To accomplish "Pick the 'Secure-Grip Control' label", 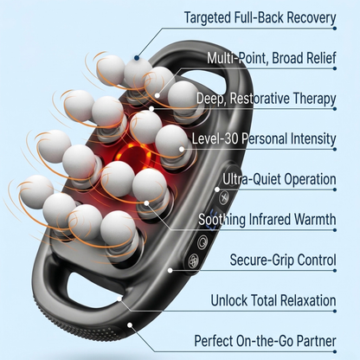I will [x=282, y=260].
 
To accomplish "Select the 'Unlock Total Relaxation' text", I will [x=272, y=300].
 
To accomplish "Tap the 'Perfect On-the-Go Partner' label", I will [x=265, y=341].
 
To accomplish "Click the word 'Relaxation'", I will [x=303, y=300].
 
